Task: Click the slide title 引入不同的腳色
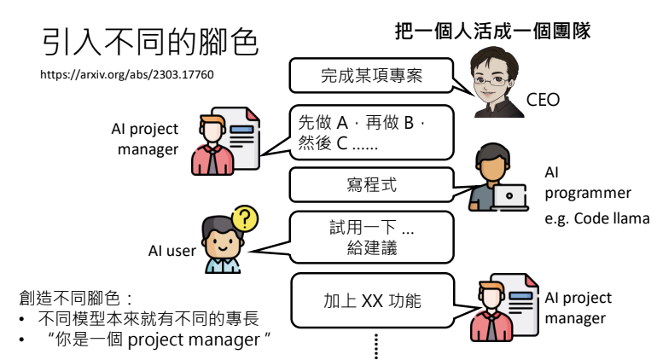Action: point(150,42)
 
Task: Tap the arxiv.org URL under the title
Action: point(127,74)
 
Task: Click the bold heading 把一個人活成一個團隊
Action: point(492,31)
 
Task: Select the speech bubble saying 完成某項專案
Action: point(371,75)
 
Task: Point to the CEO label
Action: point(543,100)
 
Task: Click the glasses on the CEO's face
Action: point(491,80)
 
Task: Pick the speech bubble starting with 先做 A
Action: point(371,132)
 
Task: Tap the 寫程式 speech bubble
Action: point(371,184)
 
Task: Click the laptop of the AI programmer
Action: point(509,196)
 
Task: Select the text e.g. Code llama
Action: point(597,218)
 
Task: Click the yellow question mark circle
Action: point(245,218)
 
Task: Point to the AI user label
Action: point(172,251)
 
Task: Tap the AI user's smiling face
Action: point(222,243)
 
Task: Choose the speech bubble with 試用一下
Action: point(371,237)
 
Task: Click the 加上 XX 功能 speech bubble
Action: point(373,300)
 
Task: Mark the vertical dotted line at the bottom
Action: point(375,346)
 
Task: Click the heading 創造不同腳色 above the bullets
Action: point(75,299)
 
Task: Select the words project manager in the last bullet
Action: point(194,340)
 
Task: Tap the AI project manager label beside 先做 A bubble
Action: point(145,139)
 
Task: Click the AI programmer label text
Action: point(587,183)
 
